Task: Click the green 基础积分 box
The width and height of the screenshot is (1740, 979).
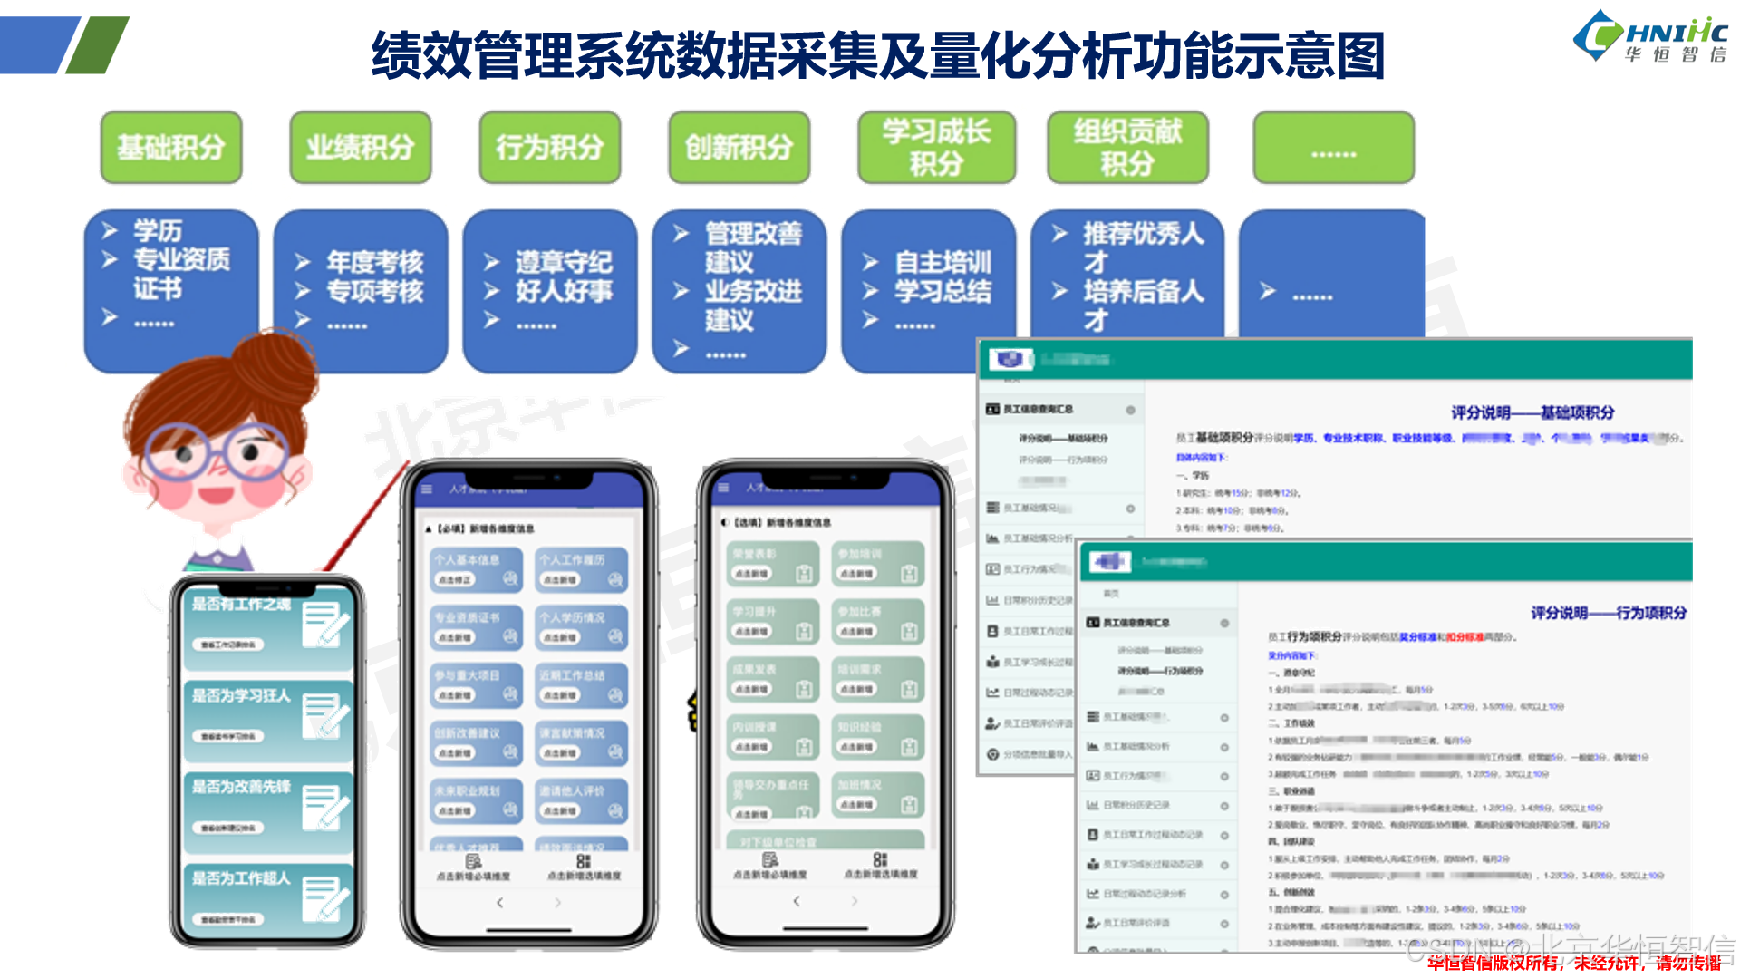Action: click(x=171, y=147)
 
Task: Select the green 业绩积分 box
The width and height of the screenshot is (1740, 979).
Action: click(x=361, y=147)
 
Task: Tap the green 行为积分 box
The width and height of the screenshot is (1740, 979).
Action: click(x=550, y=147)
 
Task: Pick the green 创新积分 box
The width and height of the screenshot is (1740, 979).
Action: click(x=739, y=147)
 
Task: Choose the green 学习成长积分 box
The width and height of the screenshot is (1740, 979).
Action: click(x=937, y=147)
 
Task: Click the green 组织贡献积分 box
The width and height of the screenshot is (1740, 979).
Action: click(x=1128, y=147)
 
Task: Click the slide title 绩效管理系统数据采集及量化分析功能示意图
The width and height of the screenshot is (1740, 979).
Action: click(x=877, y=55)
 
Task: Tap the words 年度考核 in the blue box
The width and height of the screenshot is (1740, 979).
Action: click(x=374, y=262)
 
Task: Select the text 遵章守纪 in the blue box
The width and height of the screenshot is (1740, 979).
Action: click(x=564, y=262)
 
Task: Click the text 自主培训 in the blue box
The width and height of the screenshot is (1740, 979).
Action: click(x=942, y=262)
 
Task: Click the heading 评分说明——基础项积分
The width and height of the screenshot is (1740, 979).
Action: click(x=1532, y=412)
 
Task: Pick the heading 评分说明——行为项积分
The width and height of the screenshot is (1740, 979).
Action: click(x=1609, y=613)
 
